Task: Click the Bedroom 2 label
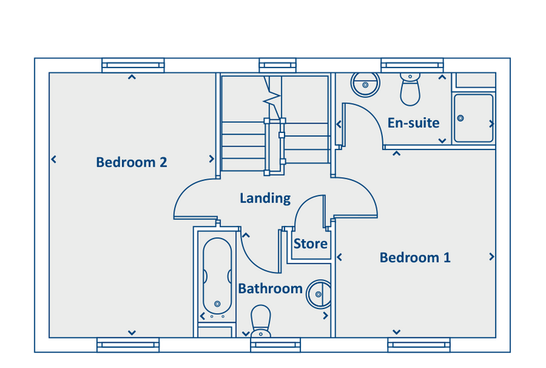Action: click(x=131, y=162)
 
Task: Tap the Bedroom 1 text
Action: click(x=415, y=257)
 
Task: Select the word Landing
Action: click(x=265, y=198)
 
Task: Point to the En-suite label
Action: click(x=413, y=123)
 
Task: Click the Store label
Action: click(x=310, y=244)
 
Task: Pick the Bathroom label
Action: click(x=270, y=288)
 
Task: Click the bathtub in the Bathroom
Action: click(x=217, y=276)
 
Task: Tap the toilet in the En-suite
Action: click(x=410, y=89)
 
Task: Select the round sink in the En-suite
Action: click(x=365, y=84)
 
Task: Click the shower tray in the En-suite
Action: click(x=473, y=118)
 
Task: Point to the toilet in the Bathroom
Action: click(x=261, y=321)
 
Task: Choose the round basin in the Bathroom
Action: click(x=318, y=294)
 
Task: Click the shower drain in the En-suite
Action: click(x=461, y=118)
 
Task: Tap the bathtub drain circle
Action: click(x=217, y=304)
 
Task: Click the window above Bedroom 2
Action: click(x=133, y=65)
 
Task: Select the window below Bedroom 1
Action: click(x=419, y=345)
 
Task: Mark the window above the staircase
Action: click(x=277, y=65)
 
